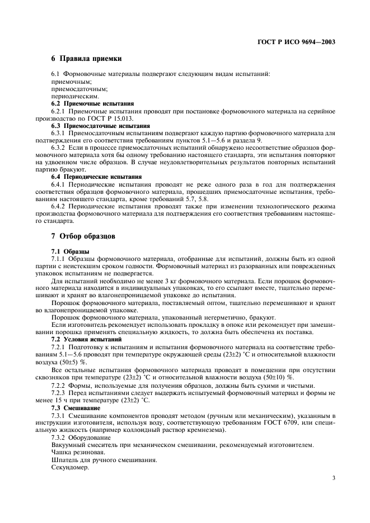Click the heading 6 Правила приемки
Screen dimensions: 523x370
click(x=87, y=59)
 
